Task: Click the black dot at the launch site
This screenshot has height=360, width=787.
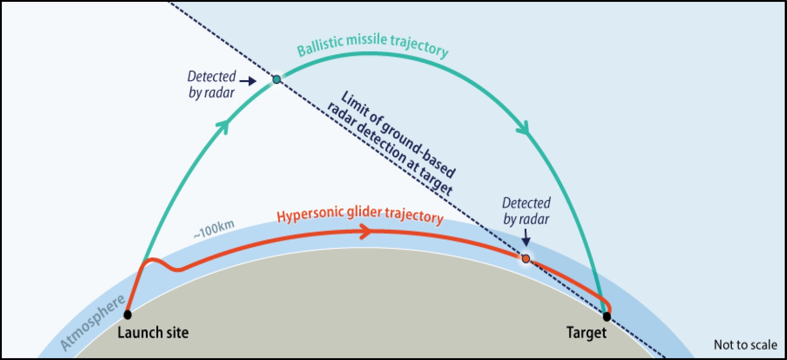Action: [x=128, y=314]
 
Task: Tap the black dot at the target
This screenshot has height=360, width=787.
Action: [x=606, y=316]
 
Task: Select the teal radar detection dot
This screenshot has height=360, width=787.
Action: [x=277, y=80]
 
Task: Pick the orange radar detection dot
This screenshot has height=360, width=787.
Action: [x=526, y=259]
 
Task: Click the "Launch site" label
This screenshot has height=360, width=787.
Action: [x=153, y=333]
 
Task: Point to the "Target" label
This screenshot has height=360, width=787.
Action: [x=586, y=333]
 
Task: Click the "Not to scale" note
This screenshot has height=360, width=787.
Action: [x=746, y=345]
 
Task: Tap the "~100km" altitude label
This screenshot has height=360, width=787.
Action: [x=213, y=229]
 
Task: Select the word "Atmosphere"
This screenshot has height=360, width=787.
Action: [x=93, y=323]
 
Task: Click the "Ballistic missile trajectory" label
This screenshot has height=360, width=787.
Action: [x=373, y=45]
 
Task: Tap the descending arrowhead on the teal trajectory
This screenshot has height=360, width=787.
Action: [x=523, y=128]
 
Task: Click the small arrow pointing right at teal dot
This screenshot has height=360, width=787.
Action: [x=248, y=82]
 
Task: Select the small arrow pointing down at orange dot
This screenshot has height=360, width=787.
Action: [x=526, y=237]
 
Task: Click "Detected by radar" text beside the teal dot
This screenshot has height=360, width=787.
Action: [x=212, y=84]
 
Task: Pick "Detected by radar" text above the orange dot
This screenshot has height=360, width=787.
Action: [x=526, y=211]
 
